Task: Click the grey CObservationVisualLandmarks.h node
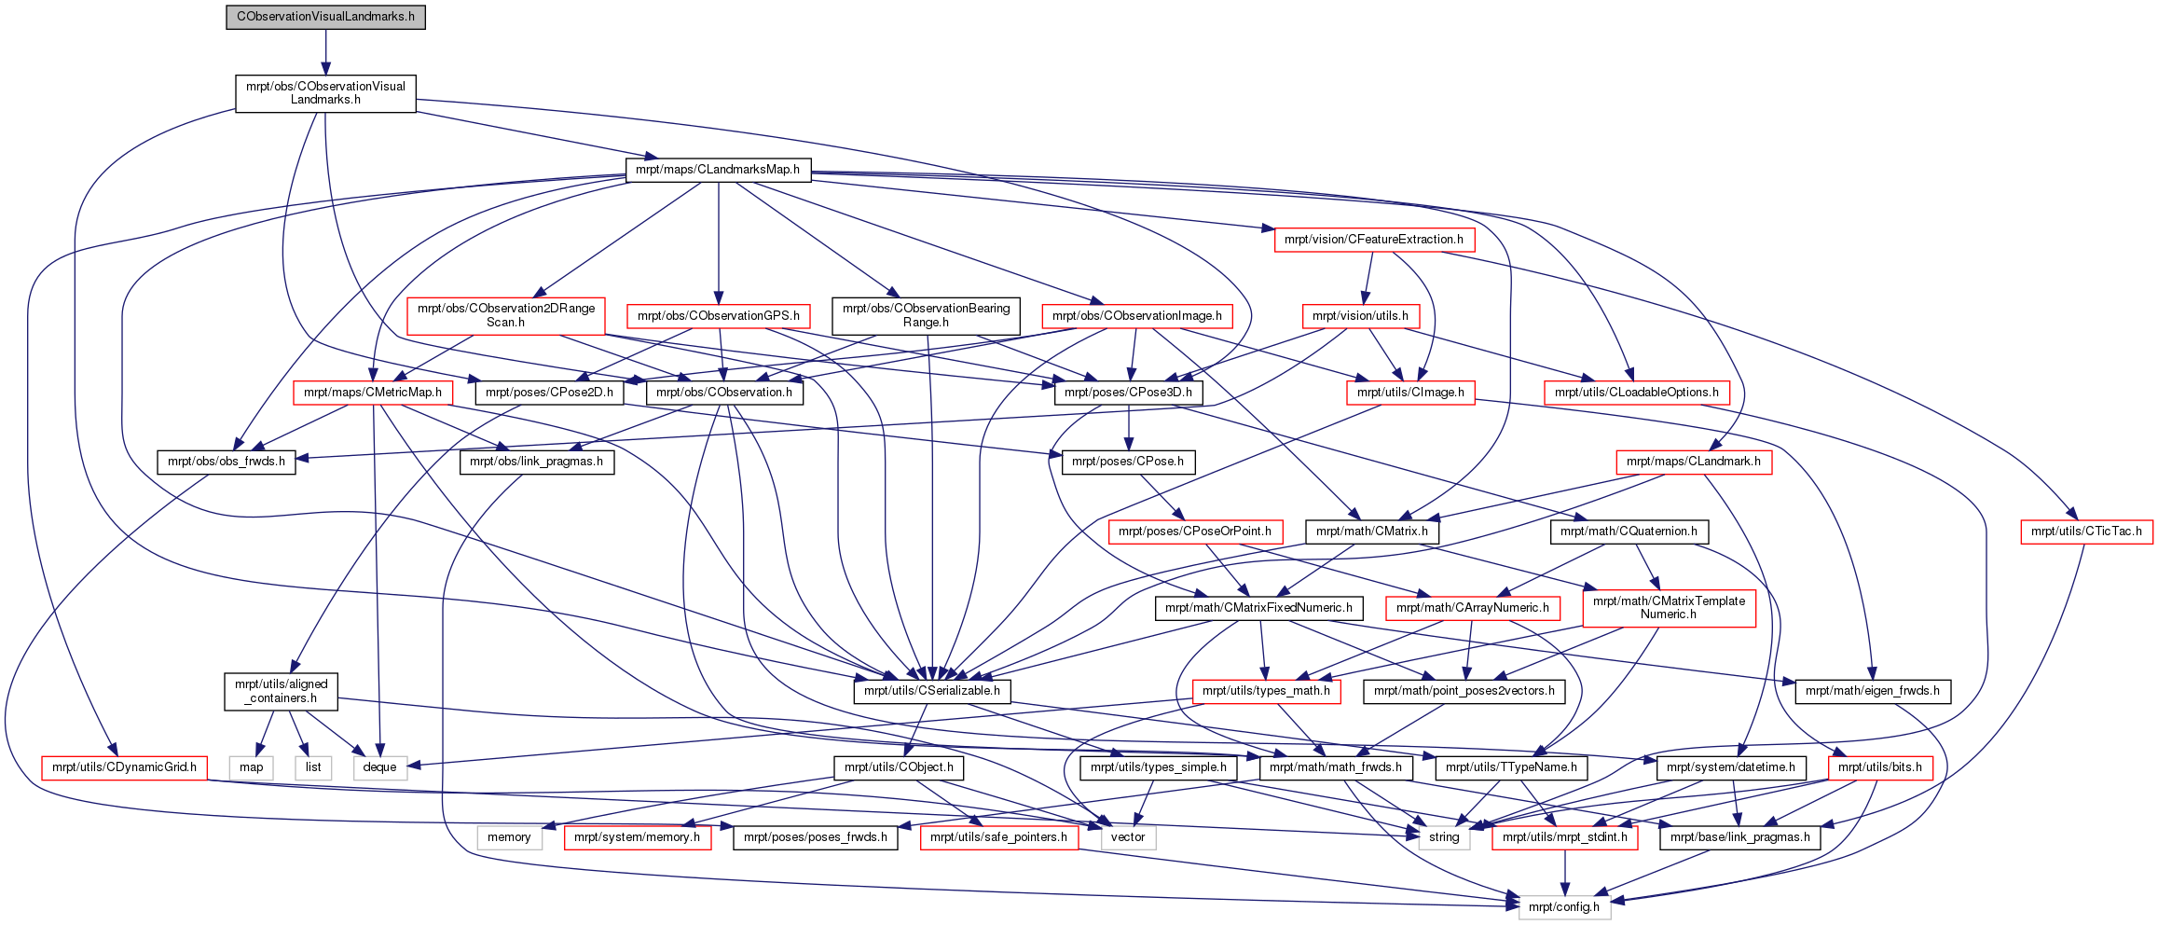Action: (x=325, y=17)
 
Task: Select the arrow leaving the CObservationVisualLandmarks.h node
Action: (x=325, y=50)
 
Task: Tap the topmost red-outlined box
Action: (x=1375, y=241)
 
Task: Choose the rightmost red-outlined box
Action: (x=2087, y=532)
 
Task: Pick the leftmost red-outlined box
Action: (x=124, y=768)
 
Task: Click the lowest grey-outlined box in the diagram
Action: (x=1565, y=907)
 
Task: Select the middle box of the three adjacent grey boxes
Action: (x=313, y=768)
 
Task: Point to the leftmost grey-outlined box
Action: (x=251, y=768)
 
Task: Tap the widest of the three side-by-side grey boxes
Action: (x=380, y=768)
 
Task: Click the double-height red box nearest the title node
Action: (x=505, y=316)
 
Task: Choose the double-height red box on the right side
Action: (x=1670, y=609)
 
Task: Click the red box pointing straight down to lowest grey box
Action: (x=1565, y=838)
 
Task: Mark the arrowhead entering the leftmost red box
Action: (x=113, y=751)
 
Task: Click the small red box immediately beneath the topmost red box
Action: (x=1361, y=317)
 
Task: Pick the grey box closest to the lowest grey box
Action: (x=1444, y=838)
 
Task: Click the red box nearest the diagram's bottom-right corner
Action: (x=1881, y=768)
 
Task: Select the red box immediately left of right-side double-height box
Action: (x=1473, y=609)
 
